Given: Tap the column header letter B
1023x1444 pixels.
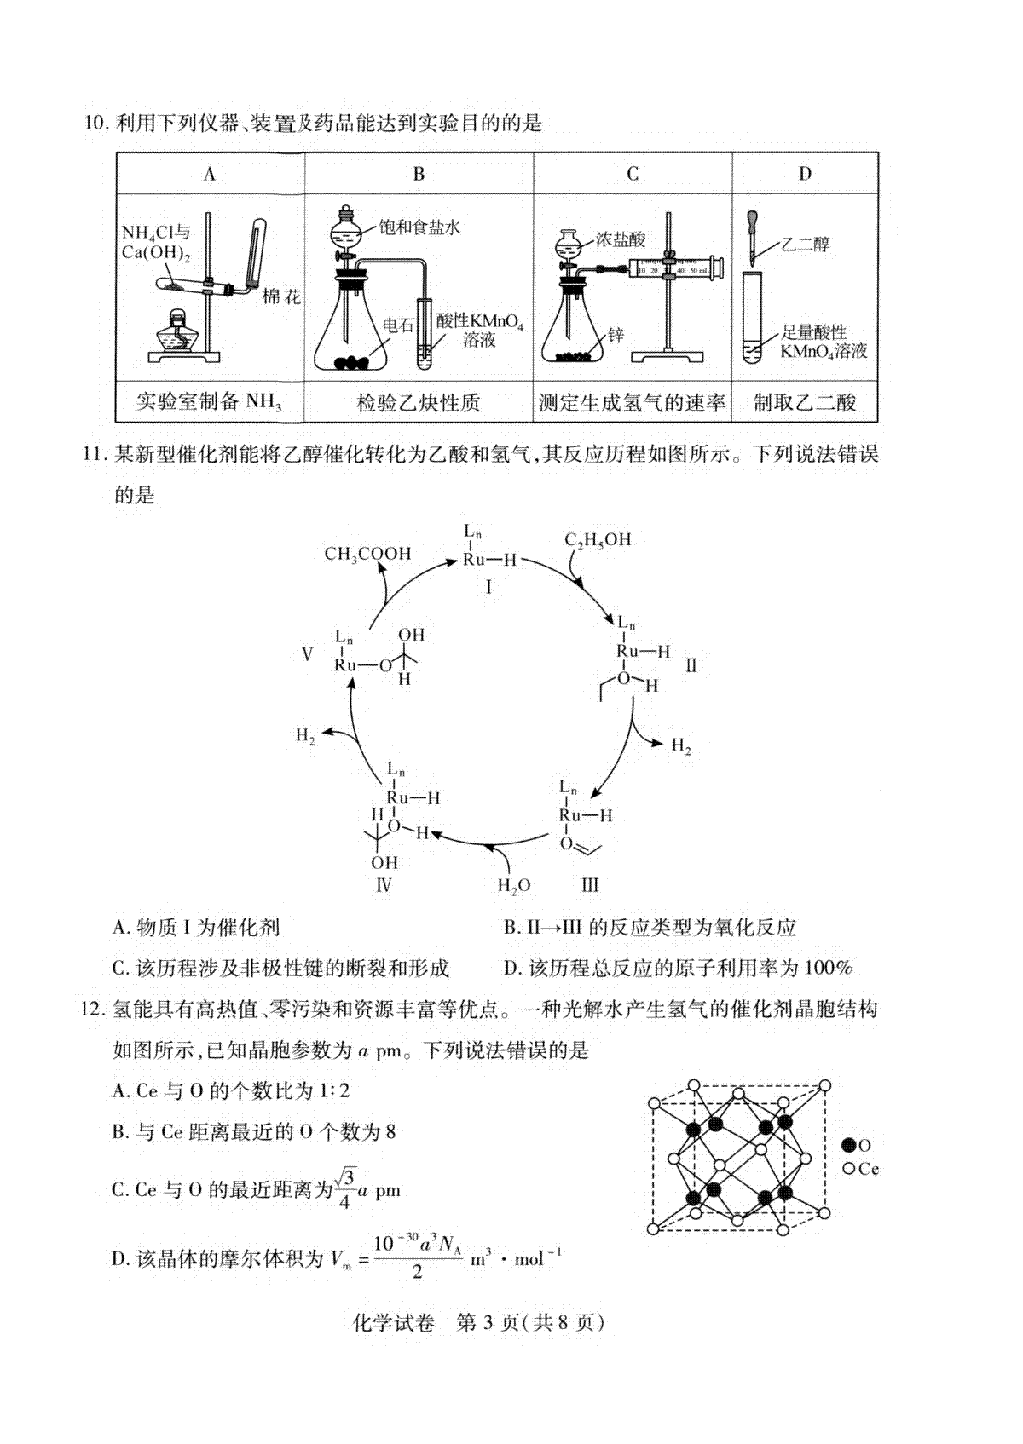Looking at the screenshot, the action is pos(419,174).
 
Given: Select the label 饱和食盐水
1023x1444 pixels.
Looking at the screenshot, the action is pos(419,227).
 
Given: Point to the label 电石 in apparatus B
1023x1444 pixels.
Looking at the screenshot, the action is pos(398,325).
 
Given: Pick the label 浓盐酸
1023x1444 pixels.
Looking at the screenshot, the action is pos(621,240).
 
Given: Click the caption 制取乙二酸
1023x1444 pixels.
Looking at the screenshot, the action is pos(805,403).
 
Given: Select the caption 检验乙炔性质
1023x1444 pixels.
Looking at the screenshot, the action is pos(419,403).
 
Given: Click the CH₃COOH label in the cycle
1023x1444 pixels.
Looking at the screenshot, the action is pos(367,554).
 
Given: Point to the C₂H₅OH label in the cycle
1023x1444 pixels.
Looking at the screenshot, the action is pos(598,539).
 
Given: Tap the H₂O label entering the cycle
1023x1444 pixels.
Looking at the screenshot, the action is pos(514,886).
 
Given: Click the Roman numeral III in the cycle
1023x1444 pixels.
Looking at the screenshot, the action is pos(590,885).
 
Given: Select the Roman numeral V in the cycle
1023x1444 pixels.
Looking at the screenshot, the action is pos(307,655).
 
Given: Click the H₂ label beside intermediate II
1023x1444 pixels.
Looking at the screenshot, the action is pos(681,745).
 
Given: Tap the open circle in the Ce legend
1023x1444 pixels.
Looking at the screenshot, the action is pos(849,1169).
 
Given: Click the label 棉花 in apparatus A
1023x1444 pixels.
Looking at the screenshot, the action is pos(282,297).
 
